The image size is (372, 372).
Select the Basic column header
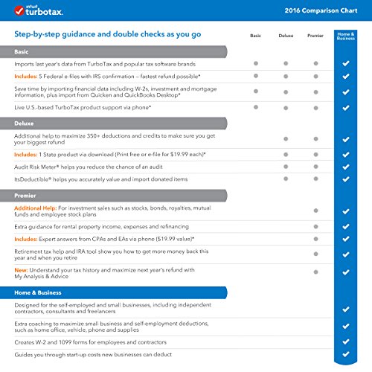click(255, 35)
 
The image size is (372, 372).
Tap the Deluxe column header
click(286, 35)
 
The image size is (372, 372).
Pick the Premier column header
click(315, 35)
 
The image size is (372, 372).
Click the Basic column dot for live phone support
click(255, 107)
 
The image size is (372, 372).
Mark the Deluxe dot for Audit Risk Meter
click(286, 167)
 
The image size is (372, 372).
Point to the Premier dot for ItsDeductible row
click(315, 179)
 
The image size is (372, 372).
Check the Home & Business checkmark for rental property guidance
click(345, 226)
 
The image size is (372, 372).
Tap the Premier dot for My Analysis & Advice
click(315, 272)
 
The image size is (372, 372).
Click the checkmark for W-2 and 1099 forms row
click(345, 342)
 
